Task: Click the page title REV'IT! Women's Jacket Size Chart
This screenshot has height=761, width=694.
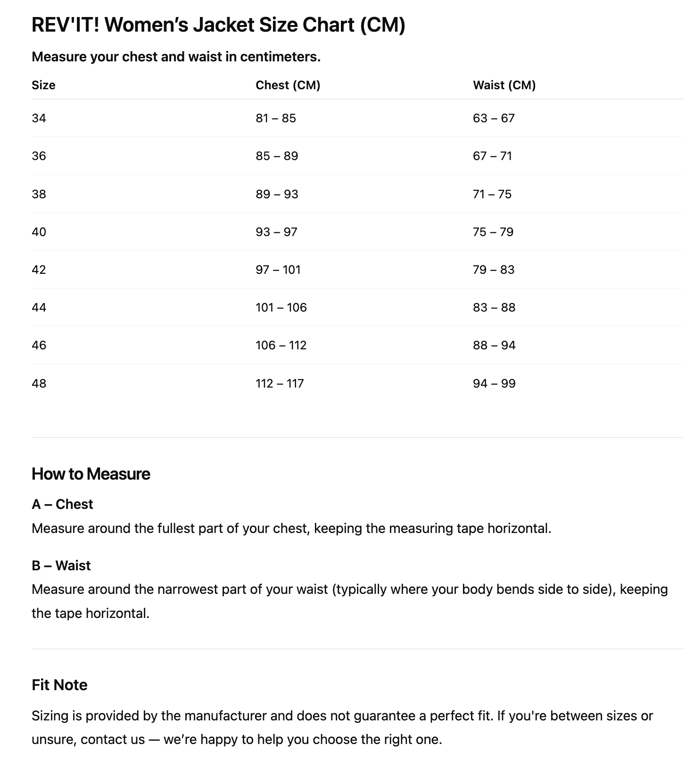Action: point(218,25)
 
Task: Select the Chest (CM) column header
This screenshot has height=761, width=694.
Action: point(288,85)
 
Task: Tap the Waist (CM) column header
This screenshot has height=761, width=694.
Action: point(504,85)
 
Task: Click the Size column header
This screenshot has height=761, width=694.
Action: point(43,85)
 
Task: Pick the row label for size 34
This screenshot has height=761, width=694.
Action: point(39,118)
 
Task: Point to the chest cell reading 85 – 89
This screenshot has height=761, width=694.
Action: point(277,156)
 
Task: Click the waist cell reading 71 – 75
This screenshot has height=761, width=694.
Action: point(492,194)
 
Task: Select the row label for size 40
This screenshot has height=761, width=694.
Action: point(39,232)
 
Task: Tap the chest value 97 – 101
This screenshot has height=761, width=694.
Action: point(278,270)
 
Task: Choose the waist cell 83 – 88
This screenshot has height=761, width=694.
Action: point(494,307)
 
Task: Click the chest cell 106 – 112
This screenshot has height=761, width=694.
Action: point(281,345)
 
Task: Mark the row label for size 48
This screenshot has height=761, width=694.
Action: point(39,383)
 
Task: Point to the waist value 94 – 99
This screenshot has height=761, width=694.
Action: point(494,383)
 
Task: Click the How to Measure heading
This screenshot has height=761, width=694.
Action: point(91,474)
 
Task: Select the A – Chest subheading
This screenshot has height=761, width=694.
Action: point(62,504)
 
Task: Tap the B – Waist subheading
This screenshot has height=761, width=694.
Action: point(61,566)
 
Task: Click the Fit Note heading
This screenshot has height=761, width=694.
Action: point(59,685)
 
